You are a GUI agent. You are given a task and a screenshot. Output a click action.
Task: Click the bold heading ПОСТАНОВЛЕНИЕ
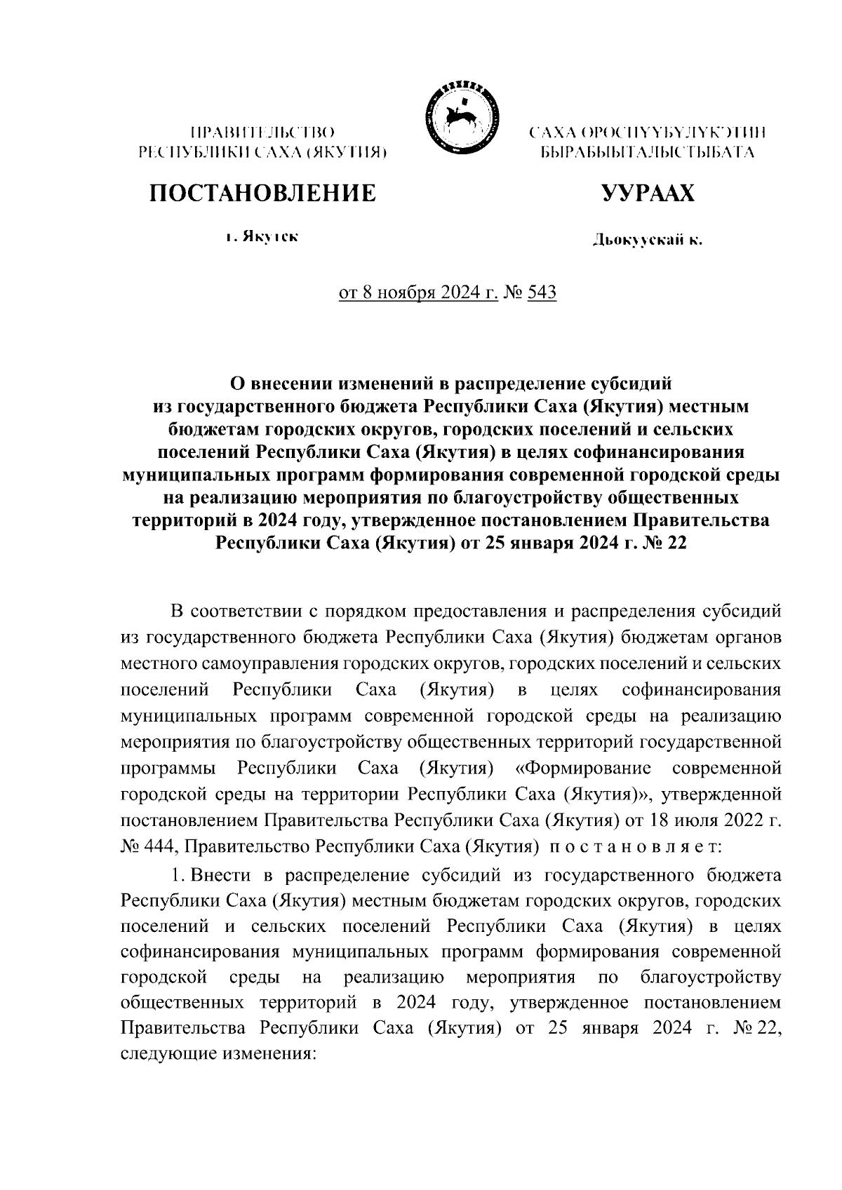coord(261,192)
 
